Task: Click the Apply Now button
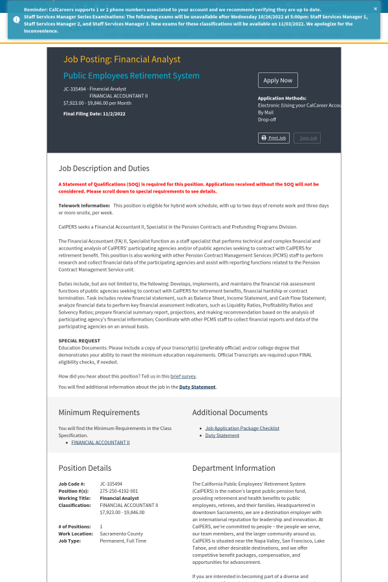pos(277,80)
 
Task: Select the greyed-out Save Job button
pos(307,138)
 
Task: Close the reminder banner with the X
pos(375,9)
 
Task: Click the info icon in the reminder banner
pos(16,19)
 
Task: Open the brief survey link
pos(183,376)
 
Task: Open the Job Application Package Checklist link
pos(242,428)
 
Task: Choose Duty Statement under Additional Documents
pos(222,435)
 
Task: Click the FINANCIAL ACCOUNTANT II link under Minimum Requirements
pos(100,442)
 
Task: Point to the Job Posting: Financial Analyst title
pos(122,59)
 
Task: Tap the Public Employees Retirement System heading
pos(131,76)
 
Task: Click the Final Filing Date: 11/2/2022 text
pos(94,114)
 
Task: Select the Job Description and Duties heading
pos(103,168)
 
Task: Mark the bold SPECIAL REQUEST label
pos(78,340)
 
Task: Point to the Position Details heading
pos(85,468)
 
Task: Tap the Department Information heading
pos(233,468)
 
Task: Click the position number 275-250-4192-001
pos(118,491)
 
